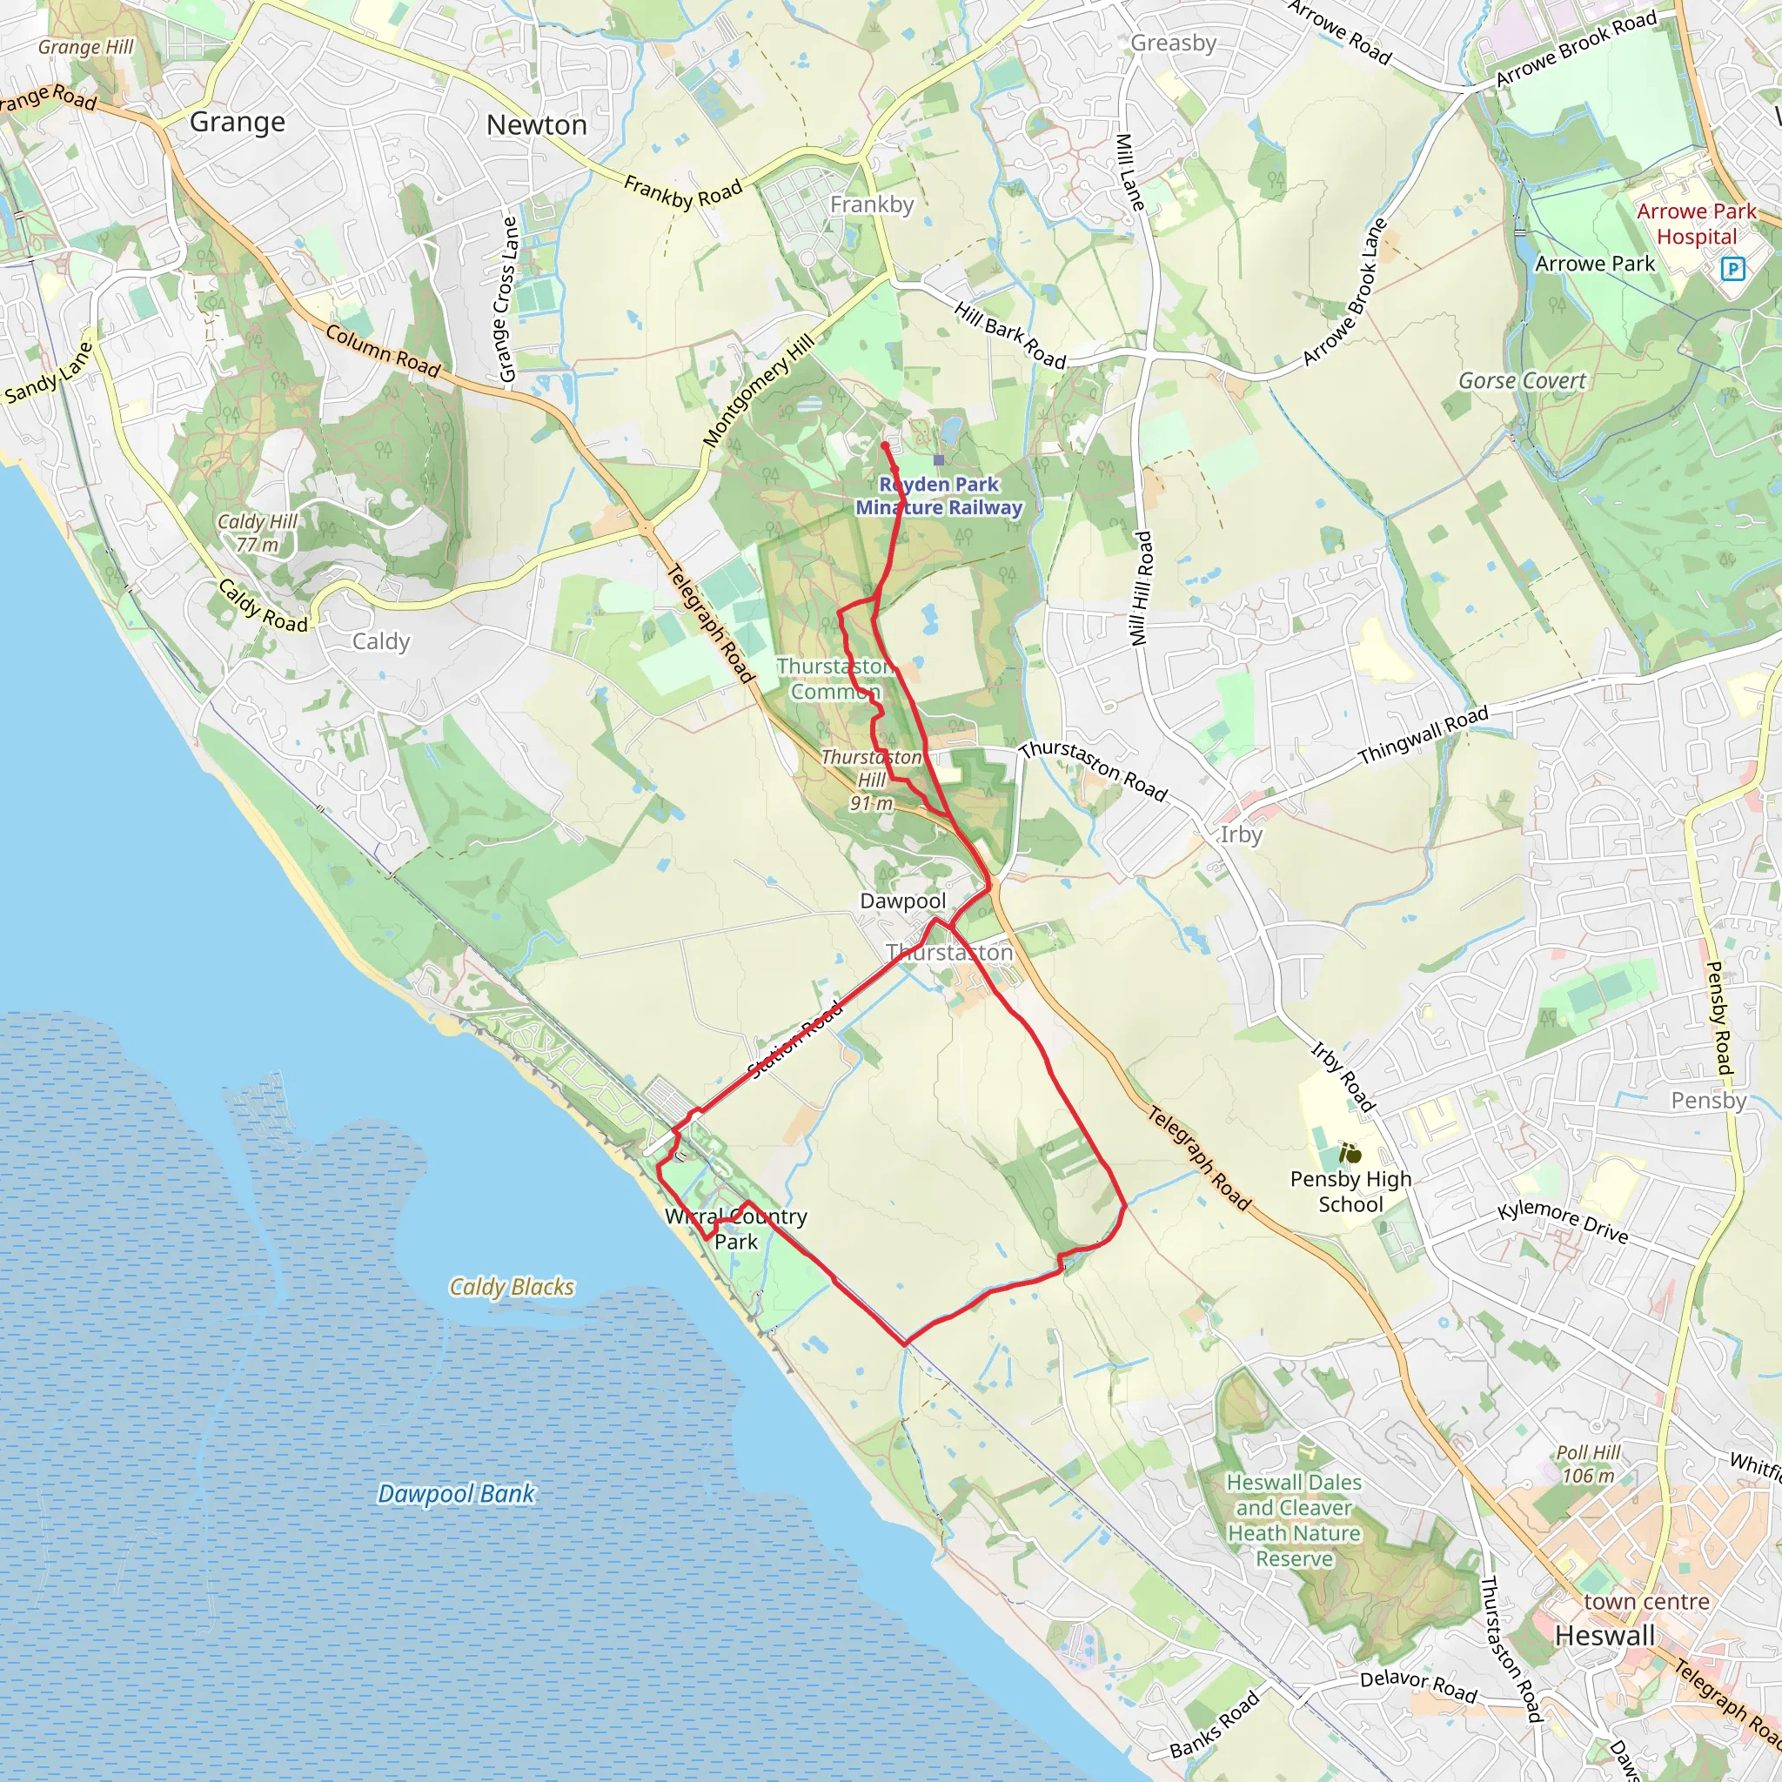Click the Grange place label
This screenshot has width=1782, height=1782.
(237, 122)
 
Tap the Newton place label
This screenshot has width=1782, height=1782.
(536, 124)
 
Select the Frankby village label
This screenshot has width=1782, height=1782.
(872, 204)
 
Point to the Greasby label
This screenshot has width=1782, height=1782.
(1173, 43)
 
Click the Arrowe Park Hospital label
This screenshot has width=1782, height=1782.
(1696, 224)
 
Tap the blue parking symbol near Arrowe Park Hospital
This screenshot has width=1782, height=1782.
(1733, 268)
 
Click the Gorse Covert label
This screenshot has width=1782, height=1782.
(1522, 381)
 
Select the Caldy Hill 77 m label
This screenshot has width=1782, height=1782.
(258, 533)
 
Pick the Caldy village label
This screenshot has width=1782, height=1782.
(381, 641)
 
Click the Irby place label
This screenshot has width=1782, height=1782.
(1241, 834)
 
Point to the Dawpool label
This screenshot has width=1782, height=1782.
(902, 901)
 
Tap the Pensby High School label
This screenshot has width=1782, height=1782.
(1350, 1191)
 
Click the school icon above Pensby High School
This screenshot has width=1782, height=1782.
(1350, 1152)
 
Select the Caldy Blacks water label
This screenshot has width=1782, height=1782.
(512, 1287)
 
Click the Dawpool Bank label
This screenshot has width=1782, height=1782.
(457, 1493)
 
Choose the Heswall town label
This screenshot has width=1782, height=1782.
(1604, 1635)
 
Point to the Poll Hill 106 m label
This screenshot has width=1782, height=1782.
(1588, 1464)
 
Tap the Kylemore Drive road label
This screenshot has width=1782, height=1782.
(1563, 1223)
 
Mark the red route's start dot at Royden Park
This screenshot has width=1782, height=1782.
(885, 445)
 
